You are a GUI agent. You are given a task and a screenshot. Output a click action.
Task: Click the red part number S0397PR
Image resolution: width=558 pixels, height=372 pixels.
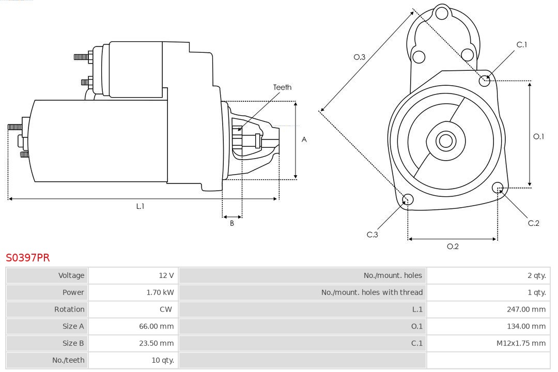coord(28,257)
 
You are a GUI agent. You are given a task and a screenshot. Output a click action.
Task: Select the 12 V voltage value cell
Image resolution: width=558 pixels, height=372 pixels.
coord(166,275)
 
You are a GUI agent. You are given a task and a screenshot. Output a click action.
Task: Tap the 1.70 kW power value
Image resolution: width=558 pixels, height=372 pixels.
coord(160,292)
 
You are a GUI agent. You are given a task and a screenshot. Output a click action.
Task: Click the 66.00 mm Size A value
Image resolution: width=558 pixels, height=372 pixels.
coord(156,326)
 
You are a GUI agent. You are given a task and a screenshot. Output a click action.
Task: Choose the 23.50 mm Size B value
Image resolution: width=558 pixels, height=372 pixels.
coord(156,343)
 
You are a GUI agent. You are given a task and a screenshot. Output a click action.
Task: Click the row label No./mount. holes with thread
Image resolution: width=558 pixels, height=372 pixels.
coord(371,292)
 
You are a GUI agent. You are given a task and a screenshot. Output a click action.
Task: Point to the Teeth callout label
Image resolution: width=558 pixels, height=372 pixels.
coord(282,87)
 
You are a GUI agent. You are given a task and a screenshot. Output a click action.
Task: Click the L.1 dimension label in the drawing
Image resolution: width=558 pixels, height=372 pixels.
coord(140,206)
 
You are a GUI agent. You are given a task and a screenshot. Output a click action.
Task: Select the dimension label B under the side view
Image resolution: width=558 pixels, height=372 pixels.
coord(232,224)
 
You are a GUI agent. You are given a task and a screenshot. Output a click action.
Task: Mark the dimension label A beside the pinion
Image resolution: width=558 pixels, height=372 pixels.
coord(304,139)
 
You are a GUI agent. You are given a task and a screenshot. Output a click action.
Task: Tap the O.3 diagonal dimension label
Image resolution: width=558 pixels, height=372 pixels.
coord(359,57)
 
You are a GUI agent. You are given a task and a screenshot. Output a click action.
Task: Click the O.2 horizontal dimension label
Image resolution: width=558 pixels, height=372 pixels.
coord(453,246)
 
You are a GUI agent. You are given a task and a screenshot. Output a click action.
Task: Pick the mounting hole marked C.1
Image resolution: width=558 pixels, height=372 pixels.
coord(485,80)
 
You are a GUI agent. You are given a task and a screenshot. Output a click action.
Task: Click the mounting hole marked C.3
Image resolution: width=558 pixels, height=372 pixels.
coord(408,200)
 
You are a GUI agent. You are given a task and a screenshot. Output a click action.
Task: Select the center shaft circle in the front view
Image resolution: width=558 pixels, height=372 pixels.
coord(445,141)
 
